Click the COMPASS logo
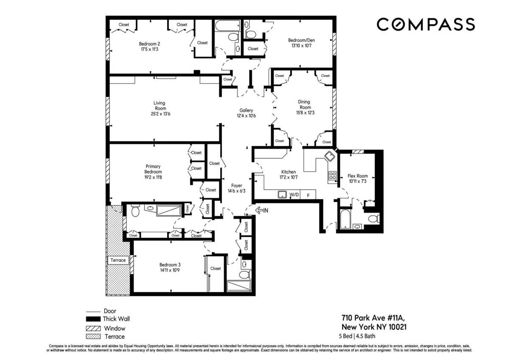click(x=425, y=24)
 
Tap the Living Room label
click(x=159, y=105)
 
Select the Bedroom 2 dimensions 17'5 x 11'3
click(x=149, y=49)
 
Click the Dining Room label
click(x=304, y=104)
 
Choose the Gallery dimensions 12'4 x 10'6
click(x=246, y=116)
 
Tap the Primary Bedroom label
click(x=153, y=169)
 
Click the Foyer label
click(x=236, y=186)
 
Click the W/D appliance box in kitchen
click(x=294, y=195)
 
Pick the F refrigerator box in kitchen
click(x=308, y=195)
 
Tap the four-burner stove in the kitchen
click(x=332, y=176)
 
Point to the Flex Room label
click(x=358, y=176)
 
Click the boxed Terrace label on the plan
click(x=118, y=260)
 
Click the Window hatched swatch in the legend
click(x=93, y=328)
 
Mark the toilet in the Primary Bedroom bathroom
click(x=135, y=211)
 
